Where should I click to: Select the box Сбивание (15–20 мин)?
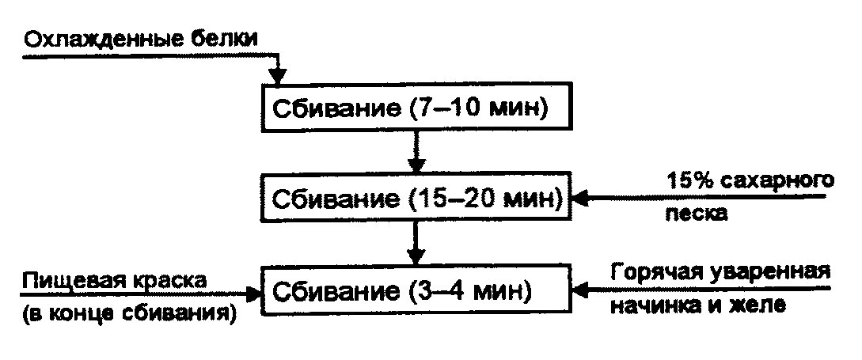[415, 199]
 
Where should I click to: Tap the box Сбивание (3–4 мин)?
[415, 292]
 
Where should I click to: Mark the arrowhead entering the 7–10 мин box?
[276, 77]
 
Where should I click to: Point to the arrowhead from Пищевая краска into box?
[255, 294]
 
